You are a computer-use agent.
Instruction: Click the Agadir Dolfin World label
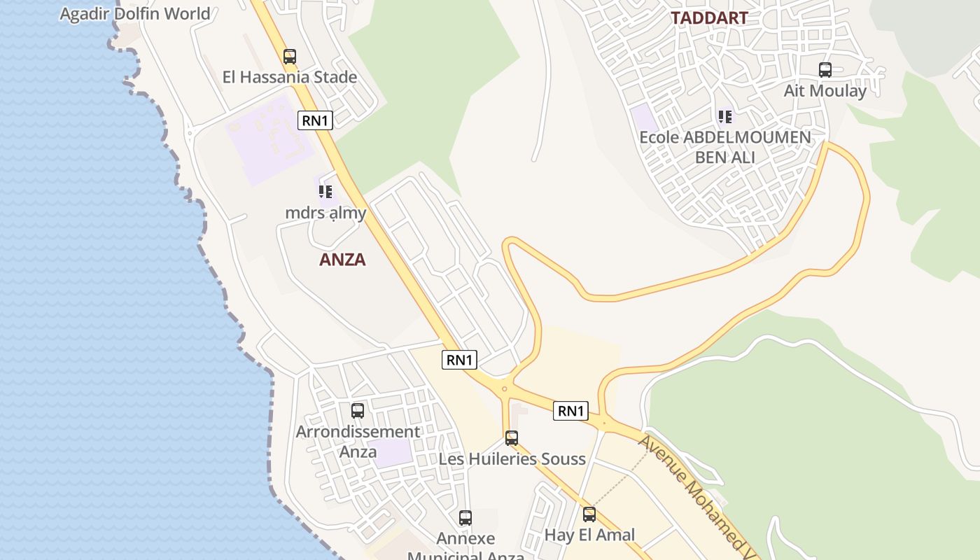[135, 14]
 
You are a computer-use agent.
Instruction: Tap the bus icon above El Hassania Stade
[290, 57]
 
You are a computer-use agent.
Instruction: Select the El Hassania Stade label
[290, 77]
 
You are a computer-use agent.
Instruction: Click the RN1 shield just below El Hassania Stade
[315, 120]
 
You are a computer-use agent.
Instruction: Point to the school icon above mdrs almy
[325, 191]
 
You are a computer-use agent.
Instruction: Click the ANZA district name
[342, 260]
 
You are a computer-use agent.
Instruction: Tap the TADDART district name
[710, 18]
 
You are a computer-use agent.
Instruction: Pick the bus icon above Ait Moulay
[825, 70]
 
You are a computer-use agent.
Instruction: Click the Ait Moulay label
[825, 91]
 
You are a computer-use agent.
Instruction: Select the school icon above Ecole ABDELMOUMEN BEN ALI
[725, 116]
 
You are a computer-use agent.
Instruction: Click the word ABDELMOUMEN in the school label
[747, 137]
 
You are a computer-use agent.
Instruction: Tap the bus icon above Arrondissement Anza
[358, 411]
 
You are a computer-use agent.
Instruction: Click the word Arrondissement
[358, 432]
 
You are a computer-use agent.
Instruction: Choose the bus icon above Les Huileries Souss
[512, 438]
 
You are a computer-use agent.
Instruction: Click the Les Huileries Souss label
[512, 459]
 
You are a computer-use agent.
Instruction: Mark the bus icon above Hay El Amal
[589, 514]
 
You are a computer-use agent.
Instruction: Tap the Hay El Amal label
[589, 535]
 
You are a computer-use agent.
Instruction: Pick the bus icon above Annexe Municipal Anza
[465, 518]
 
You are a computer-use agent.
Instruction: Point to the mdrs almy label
[325, 212]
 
